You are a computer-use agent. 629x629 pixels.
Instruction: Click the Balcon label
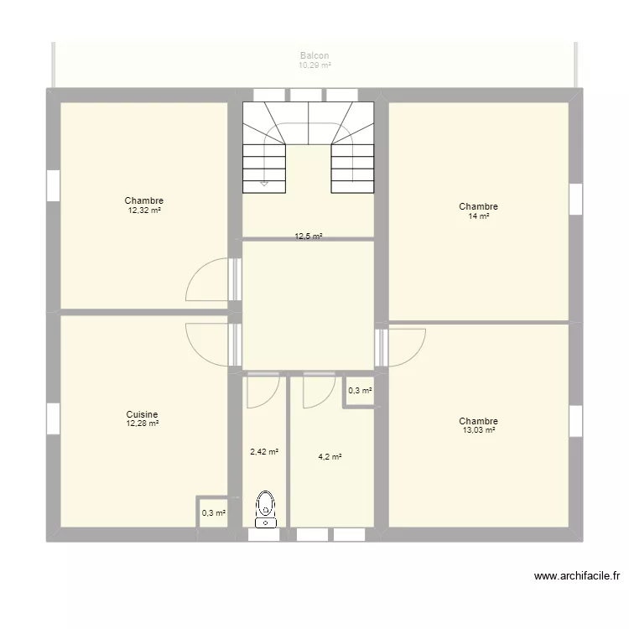314,55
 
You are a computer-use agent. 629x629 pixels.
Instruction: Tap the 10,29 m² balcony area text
314,65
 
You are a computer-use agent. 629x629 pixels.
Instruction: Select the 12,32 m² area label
144,211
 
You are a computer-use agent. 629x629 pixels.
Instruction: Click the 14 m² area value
479,216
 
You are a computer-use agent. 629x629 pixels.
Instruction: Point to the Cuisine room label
143,414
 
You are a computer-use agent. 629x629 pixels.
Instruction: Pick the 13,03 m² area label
479,430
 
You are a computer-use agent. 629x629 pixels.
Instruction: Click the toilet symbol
266,507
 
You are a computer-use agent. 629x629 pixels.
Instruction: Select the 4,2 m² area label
330,457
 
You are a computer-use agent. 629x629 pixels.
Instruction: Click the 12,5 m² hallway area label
309,237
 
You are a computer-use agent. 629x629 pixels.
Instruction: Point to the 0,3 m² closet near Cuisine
213,512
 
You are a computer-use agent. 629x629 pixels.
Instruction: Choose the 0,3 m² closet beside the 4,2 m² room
360,390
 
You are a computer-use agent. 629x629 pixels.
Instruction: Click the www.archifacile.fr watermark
576,576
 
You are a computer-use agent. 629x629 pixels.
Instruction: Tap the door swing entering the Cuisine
208,344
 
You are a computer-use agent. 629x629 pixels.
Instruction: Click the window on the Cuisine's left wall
53,418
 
